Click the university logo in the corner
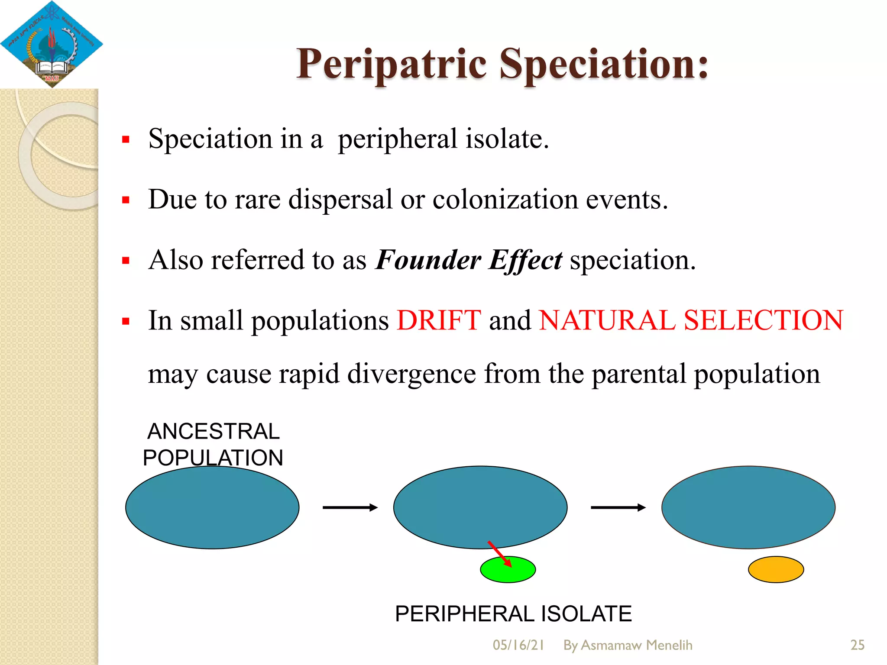[51, 44]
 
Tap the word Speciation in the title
[604, 65]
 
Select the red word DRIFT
[439, 320]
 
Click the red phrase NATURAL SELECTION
[691, 320]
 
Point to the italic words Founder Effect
[469, 260]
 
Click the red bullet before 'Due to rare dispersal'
[126, 200]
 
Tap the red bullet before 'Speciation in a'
[126, 139]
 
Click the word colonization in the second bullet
[505, 200]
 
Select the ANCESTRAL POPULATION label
[213, 444]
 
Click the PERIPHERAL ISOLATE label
[513, 613]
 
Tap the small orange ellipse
[776, 569]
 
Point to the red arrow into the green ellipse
[499, 554]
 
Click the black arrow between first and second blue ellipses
[350, 507]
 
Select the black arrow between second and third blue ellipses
[618, 507]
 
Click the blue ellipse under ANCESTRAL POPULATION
[212, 507]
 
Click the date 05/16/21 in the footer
[518, 645]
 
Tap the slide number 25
[857, 645]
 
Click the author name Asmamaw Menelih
[636, 645]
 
